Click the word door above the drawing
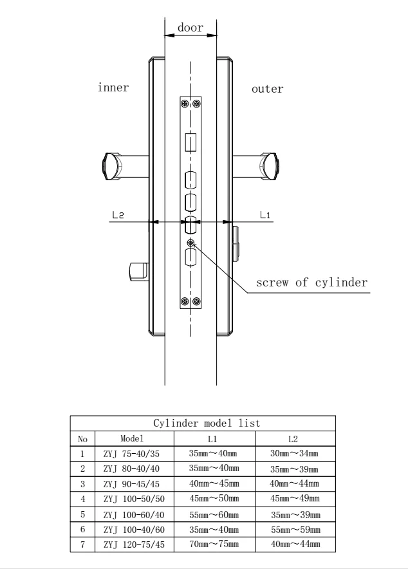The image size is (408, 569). click(190, 28)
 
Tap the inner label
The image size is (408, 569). click(113, 88)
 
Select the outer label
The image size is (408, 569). click(268, 89)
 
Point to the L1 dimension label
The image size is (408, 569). click(265, 215)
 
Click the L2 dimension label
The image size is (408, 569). click(118, 215)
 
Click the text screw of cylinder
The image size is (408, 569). click(311, 283)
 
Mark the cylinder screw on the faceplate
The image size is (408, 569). click(190, 243)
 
